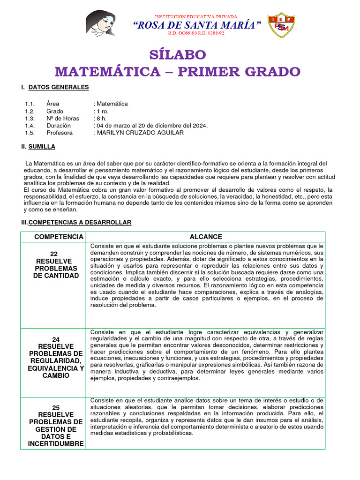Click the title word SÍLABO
coord(178,54)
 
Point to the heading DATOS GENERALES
coord(58,87)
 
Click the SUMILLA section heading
coord(42,147)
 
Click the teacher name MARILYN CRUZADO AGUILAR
coord(140,133)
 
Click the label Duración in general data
coord(59,126)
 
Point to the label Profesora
coord(60,133)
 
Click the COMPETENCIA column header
coord(59,237)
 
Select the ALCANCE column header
coord(206,237)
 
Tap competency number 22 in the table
coord(53,253)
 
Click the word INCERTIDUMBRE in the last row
coord(56,444)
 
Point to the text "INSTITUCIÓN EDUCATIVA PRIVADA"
coord(196,16)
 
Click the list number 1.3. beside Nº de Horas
coord(30,119)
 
